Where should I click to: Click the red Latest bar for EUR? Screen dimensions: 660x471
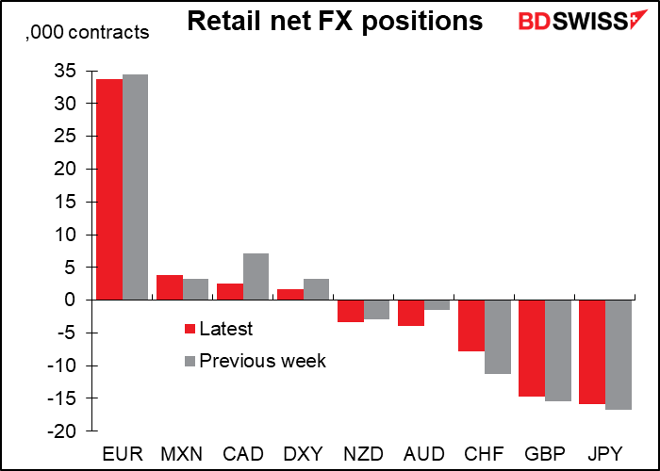[x=109, y=189]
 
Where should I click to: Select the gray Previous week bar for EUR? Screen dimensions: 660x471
[x=135, y=187]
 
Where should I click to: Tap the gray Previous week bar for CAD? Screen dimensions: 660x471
[x=256, y=277]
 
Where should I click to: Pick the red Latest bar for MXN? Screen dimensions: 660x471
[x=170, y=287]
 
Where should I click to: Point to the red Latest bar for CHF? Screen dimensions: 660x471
[x=471, y=326]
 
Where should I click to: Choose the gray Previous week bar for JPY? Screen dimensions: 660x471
[x=619, y=354]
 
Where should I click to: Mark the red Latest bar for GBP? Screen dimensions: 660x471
[x=532, y=349]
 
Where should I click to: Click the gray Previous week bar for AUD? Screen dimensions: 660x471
[x=437, y=305]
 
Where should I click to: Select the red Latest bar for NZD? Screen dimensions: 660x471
[x=351, y=311]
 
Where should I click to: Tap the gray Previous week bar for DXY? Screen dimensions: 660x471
[x=316, y=289]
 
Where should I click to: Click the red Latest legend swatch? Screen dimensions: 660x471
[x=190, y=329]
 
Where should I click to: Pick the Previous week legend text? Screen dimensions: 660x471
[x=263, y=361]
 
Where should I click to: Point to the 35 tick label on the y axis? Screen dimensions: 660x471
[x=66, y=71]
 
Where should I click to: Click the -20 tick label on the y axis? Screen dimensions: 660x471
[x=61, y=431]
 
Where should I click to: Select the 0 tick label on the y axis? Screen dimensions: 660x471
[x=72, y=300]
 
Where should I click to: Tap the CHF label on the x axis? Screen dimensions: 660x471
[x=484, y=454]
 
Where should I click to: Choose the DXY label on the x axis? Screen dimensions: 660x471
[x=303, y=454]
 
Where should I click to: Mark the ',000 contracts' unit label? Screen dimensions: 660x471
[x=87, y=32]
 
